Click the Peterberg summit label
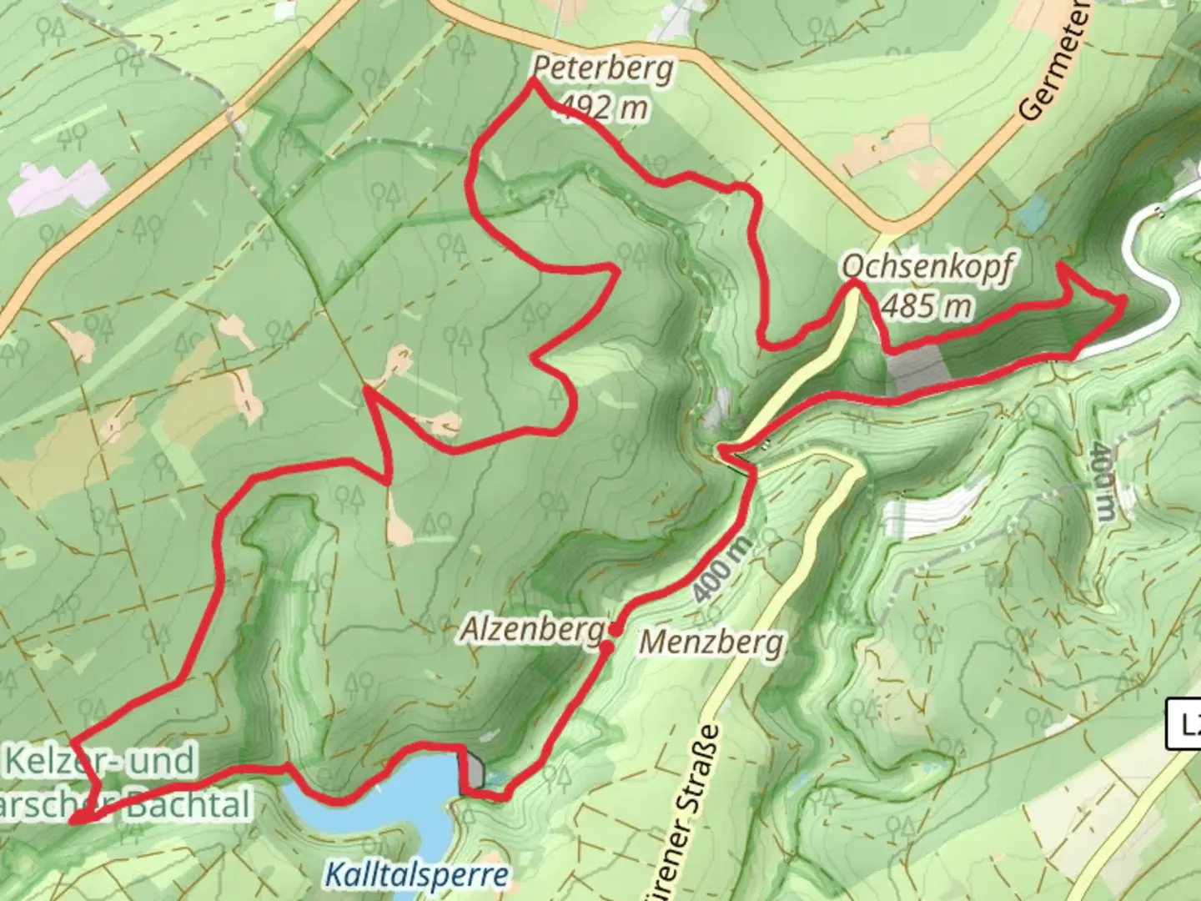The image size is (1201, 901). (602, 68)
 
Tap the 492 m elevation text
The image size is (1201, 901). (604, 107)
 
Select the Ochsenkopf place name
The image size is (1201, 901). (927, 268)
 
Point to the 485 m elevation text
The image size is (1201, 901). (927, 306)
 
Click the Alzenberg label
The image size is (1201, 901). (531, 630)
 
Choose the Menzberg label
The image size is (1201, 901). (711, 642)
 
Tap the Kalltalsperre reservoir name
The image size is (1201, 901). (415, 874)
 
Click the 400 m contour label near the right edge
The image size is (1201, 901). (1102, 481)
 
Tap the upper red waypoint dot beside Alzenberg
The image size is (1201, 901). (614, 628)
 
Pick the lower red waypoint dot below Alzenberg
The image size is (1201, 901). (606, 647)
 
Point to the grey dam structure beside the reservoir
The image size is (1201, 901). (473, 771)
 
